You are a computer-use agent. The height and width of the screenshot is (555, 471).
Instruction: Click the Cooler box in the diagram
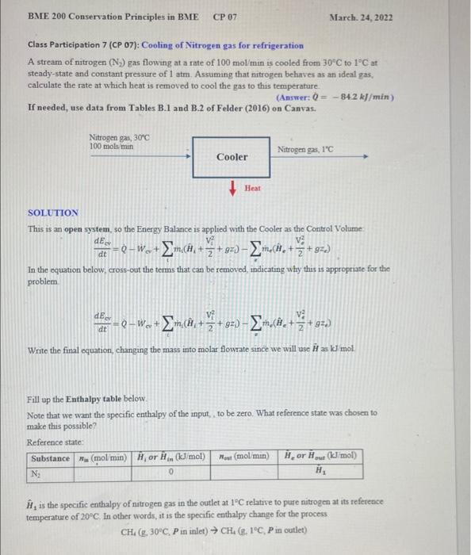pyautogui.click(x=232, y=157)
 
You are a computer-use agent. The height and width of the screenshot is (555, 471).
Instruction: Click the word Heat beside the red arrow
pyautogui.click(x=252, y=188)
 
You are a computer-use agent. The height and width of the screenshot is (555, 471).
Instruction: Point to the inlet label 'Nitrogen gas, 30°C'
pyautogui.click(x=120, y=138)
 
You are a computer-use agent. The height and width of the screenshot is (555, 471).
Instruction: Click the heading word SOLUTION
pyautogui.click(x=53, y=212)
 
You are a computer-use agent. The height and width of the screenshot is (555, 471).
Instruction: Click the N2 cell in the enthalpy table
pyautogui.click(x=36, y=471)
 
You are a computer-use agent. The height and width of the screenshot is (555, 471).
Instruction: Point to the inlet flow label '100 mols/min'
pyautogui.click(x=111, y=146)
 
